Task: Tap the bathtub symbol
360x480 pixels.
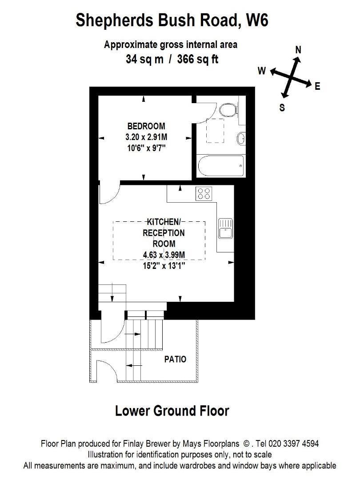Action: [x=221, y=166]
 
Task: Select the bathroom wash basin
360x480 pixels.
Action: [x=241, y=139]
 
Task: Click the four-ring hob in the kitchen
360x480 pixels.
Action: [x=204, y=193]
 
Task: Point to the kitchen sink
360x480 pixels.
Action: [x=226, y=228]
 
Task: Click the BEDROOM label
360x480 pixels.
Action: [x=146, y=126]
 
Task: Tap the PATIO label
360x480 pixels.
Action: [x=175, y=359]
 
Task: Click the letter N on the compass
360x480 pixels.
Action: [x=298, y=50]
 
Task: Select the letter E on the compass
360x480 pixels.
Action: [x=317, y=87]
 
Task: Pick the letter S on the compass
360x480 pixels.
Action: [x=282, y=108]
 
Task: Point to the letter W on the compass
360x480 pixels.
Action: [x=262, y=71]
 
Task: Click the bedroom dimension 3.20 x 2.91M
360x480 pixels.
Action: [x=146, y=137]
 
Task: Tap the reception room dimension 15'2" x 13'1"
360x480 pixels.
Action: [x=164, y=266]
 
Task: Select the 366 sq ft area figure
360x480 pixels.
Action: [x=198, y=59]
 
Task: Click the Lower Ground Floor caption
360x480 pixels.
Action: [x=172, y=411]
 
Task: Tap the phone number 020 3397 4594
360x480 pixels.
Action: [x=294, y=444]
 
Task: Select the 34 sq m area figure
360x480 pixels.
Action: [x=144, y=59]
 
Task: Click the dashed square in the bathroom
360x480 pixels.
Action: [x=215, y=130]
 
